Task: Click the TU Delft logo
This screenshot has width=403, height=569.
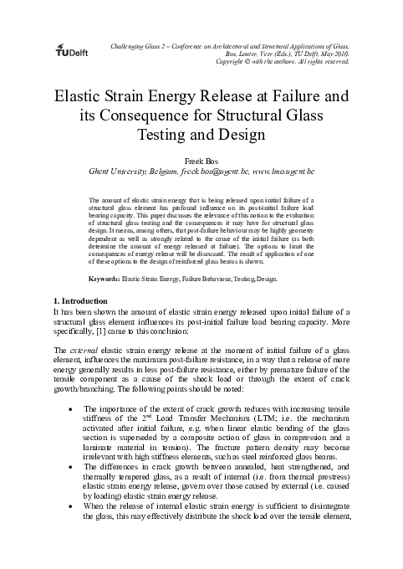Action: [74, 49]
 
